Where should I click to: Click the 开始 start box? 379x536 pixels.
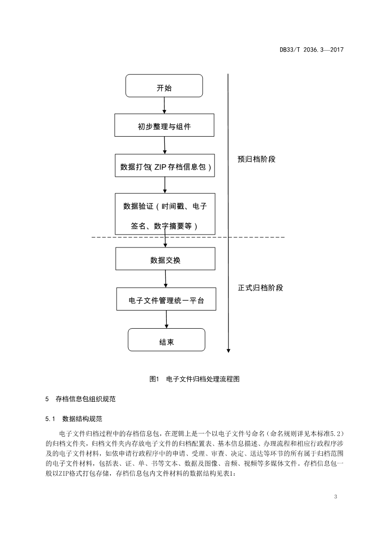[164, 87]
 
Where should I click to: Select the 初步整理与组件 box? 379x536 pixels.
[164, 127]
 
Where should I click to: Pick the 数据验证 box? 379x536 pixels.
[165, 214]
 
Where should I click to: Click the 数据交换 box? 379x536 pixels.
[165, 260]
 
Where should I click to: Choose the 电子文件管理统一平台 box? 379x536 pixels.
[166, 300]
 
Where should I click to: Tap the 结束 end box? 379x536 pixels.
[166, 342]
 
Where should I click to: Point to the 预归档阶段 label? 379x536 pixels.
[257, 159]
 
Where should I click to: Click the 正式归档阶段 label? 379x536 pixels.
[260, 288]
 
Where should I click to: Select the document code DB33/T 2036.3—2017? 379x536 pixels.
[312, 50]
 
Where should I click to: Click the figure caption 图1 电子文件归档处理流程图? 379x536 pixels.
[194, 379]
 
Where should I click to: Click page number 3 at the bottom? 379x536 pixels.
[336, 497]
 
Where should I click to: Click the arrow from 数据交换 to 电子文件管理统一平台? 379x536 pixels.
[165, 279]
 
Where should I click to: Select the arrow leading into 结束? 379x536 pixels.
[166, 320]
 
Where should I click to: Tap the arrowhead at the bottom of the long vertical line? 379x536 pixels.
[228, 350]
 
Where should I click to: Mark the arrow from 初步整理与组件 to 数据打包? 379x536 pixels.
[164, 145]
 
